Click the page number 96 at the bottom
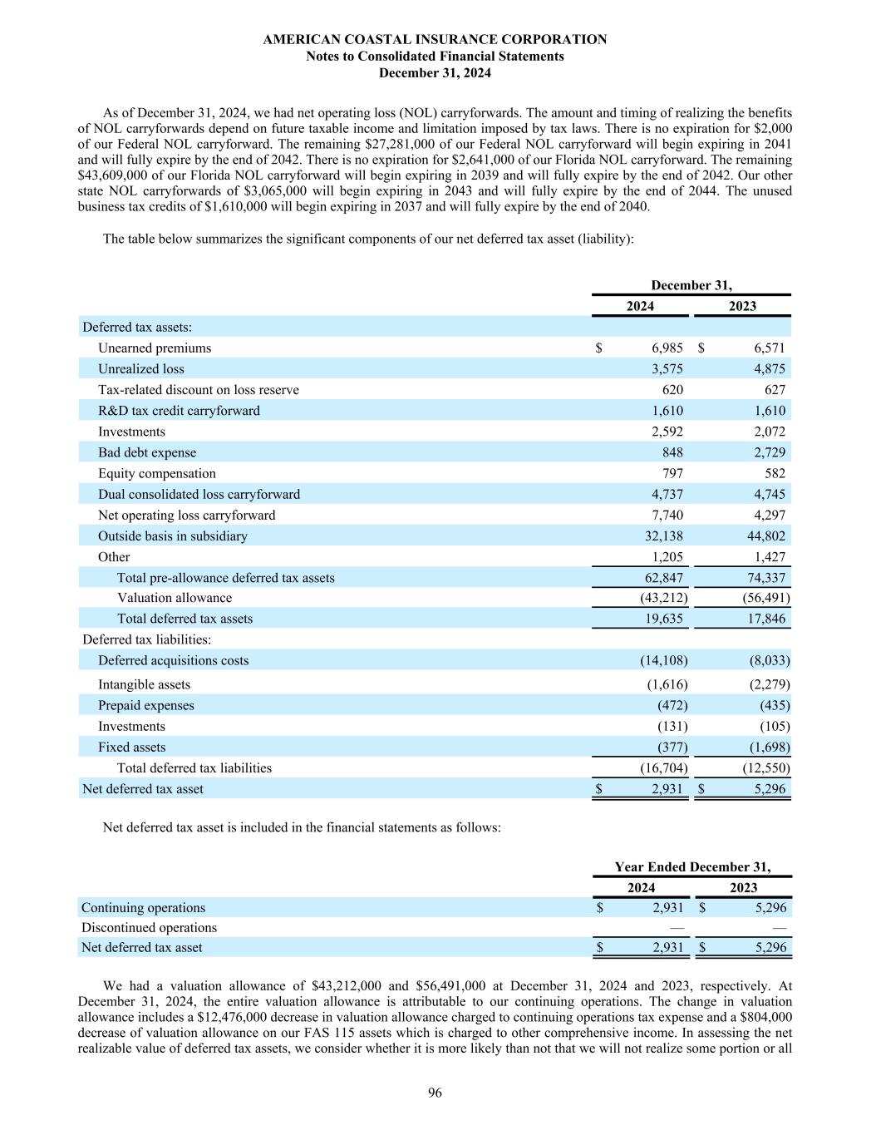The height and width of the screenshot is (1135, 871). coord(435,1093)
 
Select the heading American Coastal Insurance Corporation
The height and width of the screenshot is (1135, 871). coord(435,39)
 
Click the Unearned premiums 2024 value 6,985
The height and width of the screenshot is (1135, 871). coord(667,348)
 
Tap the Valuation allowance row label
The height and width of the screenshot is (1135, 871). coord(175,598)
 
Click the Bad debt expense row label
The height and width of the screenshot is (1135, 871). coord(147,452)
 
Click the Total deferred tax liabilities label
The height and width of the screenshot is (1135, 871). coord(194,768)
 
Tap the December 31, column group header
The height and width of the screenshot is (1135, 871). coord(691,285)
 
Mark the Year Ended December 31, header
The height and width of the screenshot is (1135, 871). coord(692,867)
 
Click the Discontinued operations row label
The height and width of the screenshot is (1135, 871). coord(149,927)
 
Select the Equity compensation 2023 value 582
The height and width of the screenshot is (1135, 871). coord(775,474)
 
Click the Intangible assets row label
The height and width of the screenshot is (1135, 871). coord(144,685)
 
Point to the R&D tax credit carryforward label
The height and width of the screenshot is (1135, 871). coord(179,411)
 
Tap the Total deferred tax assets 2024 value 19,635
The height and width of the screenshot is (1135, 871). coord(664,619)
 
